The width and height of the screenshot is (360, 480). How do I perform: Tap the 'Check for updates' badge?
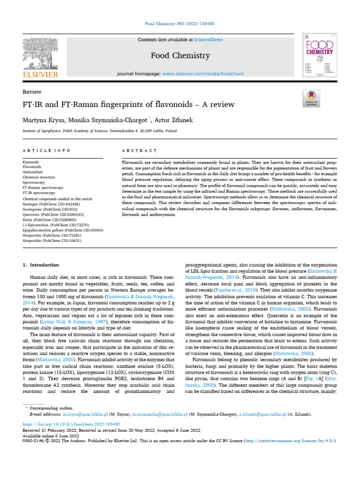pyautogui.click(x=311, y=98)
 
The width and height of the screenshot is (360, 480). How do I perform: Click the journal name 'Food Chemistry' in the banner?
pyautogui.click(x=180, y=56)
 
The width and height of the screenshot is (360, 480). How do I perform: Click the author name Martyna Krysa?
pyautogui.click(x=43, y=121)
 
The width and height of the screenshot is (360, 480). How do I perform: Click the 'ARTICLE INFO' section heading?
pyautogui.click(x=47, y=150)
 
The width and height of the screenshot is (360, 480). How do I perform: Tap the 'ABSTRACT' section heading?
pyautogui.click(x=139, y=150)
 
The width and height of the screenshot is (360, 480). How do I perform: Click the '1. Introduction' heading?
pyautogui.click(x=41, y=265)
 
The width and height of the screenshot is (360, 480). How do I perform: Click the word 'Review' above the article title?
pyautogui.click(x=32, y=92)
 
